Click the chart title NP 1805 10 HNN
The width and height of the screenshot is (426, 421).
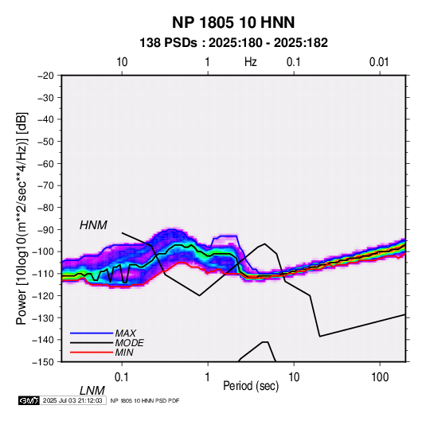click(233, 22)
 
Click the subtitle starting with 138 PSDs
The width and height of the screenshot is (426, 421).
click(233, 43)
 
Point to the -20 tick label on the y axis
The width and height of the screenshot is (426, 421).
click(45, 76)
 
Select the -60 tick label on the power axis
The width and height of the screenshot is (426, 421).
click(45, 163)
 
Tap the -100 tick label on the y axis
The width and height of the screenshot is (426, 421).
click(44, 251)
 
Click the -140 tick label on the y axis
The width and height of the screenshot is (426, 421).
click(44, 340)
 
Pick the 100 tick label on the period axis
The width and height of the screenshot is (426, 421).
click(380, 377)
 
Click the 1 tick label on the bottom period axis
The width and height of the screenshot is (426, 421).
click(207, 377)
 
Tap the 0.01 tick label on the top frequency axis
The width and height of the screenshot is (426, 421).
click(379, 62)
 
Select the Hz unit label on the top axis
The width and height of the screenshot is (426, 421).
click(251, 62)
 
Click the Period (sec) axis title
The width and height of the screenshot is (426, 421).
click(251, 386)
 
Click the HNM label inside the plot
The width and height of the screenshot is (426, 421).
click(93, 225)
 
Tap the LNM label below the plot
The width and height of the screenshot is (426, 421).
click(92, 391)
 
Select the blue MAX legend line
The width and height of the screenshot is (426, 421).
click(92, 333)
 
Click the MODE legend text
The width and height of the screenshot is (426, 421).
click(129, 343)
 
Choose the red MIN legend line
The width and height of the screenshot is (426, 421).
click(92, 353)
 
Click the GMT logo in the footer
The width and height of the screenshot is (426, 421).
click(29, 400)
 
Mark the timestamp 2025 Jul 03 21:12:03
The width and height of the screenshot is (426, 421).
click(72, 400)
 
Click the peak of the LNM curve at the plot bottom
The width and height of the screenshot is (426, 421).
click(265, 342)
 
